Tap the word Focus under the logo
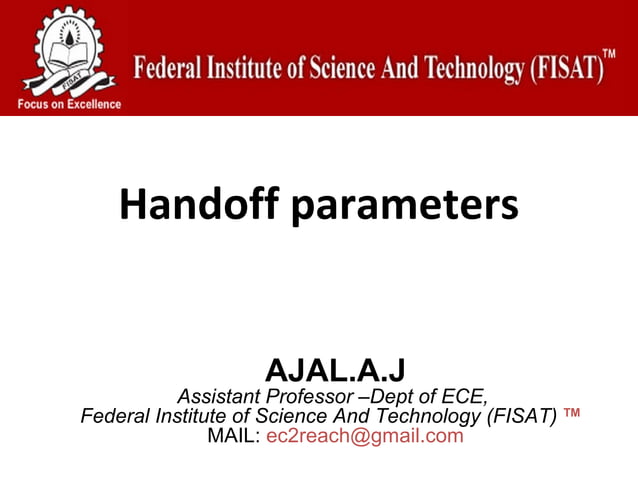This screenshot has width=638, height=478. tap(33, 104)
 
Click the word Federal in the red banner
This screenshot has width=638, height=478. tap(168, 70)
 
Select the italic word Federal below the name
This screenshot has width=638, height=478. tap(114, 415)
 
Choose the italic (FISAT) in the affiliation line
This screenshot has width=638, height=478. tap(521, 415)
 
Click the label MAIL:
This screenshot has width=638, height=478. tap(233, 436)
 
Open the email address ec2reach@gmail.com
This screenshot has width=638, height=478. tap(365, 436)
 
